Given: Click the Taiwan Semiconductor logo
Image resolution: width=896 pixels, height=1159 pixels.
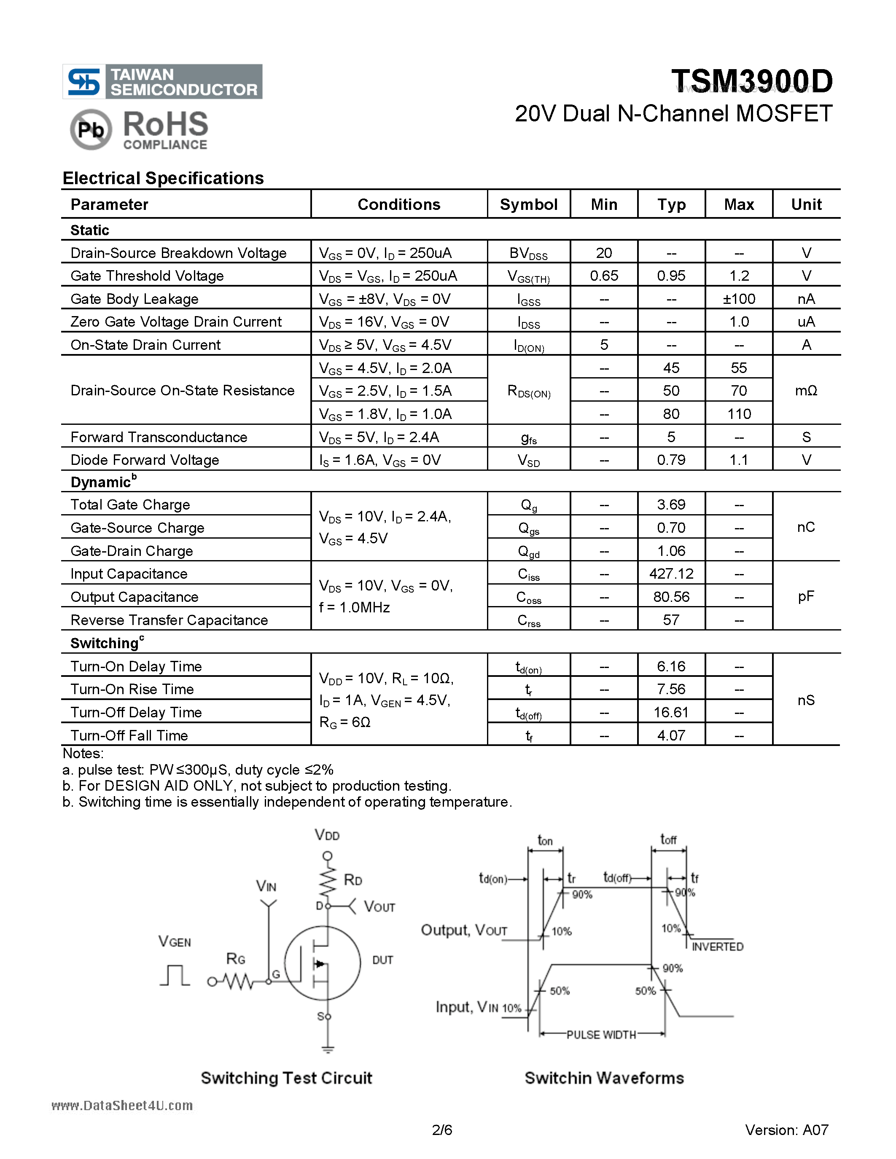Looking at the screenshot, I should click(x=162, y=82).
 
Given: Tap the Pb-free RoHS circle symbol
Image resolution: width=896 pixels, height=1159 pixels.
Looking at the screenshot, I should click(x=91, y=129).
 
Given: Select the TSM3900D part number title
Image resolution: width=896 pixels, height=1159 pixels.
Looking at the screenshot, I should click(x=752, y=81).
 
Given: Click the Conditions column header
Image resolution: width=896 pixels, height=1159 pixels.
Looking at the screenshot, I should click(x=398, y=204).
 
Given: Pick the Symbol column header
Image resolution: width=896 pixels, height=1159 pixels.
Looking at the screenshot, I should click(x=528, y=204).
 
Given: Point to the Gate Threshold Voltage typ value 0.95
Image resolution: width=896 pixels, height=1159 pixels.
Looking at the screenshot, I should click(x=671, y=276).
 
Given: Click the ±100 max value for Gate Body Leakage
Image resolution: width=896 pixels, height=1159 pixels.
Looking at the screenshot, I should click(x=738, y=299).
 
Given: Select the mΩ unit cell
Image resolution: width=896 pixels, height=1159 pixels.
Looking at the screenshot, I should click(x=806, y=391).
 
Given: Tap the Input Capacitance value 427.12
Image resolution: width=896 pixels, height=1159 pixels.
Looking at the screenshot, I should click(x=671, y=574).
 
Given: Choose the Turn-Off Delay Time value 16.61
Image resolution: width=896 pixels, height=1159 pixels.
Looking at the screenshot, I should click(x=671, y=712).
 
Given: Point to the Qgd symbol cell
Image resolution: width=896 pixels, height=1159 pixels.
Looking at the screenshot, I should click(x=529, y=551).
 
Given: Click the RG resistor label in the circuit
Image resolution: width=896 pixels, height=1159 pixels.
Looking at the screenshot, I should click(x=236, y=958).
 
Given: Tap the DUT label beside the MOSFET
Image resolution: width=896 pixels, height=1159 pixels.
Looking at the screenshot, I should click(x=382, y=960).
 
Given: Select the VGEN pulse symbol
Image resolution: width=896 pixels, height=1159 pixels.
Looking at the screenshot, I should click(x=175, y=975).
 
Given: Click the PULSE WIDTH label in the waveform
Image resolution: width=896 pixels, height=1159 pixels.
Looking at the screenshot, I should click(x=601, y=1034).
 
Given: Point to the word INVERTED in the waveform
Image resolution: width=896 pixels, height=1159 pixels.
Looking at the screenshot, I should click(x=717, y=947).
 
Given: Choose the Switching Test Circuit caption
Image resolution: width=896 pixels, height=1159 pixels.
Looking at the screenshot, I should click(x=286, y=1078).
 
